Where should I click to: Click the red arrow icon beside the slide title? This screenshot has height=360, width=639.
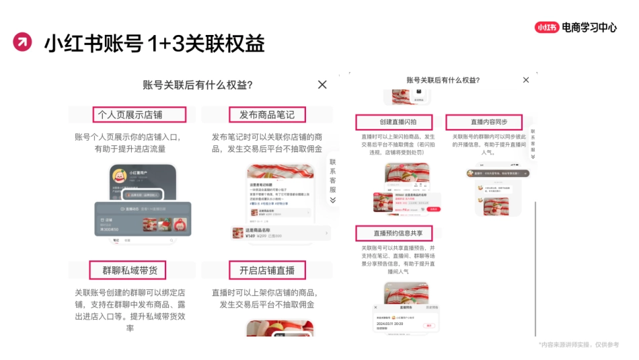pos(22,42)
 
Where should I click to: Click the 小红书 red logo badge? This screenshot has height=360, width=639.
pos(547,28)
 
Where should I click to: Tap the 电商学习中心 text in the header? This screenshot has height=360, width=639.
pos(589,28)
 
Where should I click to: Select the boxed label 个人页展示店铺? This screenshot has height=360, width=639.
pos(130,114)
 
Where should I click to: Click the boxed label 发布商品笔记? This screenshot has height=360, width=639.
pos(266,114)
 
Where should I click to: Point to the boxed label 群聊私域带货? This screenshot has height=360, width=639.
pos(128,271)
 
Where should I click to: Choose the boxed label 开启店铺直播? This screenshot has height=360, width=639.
pos(266,271)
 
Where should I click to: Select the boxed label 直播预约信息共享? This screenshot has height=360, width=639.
pos(393,233)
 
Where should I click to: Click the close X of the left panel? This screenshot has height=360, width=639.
pos(322,84)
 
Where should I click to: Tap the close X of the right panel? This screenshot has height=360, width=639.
pos(526,79)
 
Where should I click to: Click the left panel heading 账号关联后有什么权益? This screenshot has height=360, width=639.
pos(198,85)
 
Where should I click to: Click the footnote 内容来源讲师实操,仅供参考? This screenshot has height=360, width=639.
pos(578,345)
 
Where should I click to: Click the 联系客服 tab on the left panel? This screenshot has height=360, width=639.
pos(332,176)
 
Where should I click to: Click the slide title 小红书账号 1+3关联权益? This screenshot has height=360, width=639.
pos(154,43)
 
